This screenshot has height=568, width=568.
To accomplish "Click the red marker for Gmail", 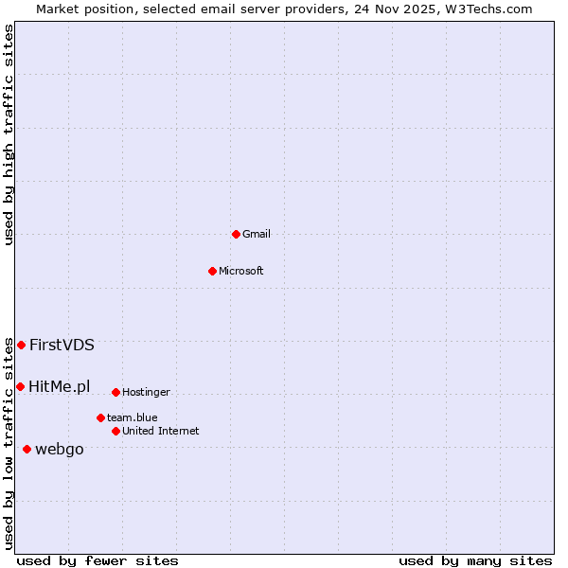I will (x=236, y=234).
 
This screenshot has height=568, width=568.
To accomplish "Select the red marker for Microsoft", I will (x=212, y=271).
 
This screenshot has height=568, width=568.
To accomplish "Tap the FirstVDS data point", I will (x=21, y=345).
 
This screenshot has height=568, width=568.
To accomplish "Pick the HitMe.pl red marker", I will (x=20, y=386).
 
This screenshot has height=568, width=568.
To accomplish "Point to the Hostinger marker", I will (x=115, y=392).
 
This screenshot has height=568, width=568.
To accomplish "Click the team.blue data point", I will (x=100, y=417).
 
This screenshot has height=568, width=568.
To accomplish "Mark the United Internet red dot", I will (x=115, y=431).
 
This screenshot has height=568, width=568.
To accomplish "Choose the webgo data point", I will (x=27, y=449).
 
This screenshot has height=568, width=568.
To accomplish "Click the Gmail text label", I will (x=257, y=234).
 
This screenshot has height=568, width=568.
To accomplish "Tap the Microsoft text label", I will (x=241, y=271).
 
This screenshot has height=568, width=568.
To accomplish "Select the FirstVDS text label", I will (x=62, y=345).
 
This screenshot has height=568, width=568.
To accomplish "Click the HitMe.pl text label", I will (x=60, y=386).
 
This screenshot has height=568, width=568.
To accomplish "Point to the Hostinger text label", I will (x=146, y=392).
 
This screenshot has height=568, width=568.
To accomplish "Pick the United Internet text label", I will (x=160, y=431).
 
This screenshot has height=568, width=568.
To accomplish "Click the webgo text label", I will (x=60, y=449).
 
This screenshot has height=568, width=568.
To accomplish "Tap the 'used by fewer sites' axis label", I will (x=98, y=560).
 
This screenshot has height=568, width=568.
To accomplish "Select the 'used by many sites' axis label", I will (x=475, y=560).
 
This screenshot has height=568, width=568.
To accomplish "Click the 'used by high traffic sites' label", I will (x=9, y=134).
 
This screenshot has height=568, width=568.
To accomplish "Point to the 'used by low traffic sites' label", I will (x=9, y=443).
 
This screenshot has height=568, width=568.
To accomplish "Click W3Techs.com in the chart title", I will (x=490, y=9).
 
